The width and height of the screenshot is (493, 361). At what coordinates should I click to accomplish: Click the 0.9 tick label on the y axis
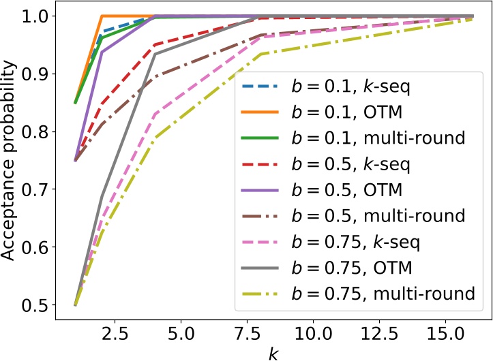[x=46, y=74]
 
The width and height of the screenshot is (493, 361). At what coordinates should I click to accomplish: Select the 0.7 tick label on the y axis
[x=46, y=189]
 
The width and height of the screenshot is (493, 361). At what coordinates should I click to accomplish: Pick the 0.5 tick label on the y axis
[x=46, y=305]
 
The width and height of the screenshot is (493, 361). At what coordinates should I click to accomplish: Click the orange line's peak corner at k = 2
[x=102, y=16]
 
